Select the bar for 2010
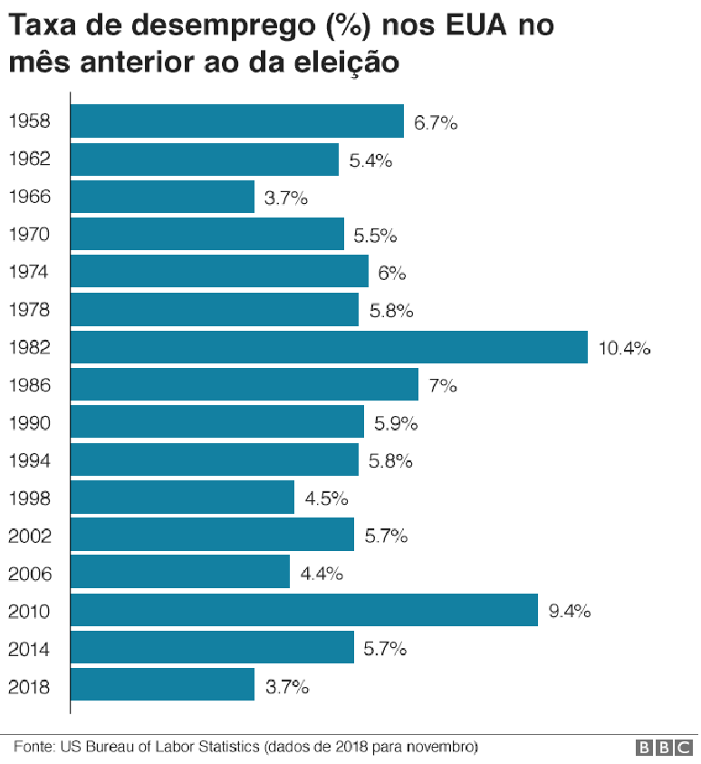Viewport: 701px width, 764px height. pyautogui.click(x=304, y=611)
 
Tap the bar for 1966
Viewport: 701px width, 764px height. pyautogui.click(x=162, y=197)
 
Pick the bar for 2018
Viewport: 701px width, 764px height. pyautogui.click(x=162, y=686)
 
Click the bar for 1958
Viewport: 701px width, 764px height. pyautogui.click(x=236, y=121)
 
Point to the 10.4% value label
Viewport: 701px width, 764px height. pyautogui.click(x=624, y=349)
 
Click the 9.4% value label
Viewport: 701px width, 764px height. pyautogui.click(x=570, y=612)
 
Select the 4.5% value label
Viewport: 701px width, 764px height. pyautogui.click(x=326, y=498)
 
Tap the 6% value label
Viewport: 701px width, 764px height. pyautogui.click(x=392, y=273)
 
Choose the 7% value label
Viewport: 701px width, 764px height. pyautogui.click(x=442, y=386)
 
